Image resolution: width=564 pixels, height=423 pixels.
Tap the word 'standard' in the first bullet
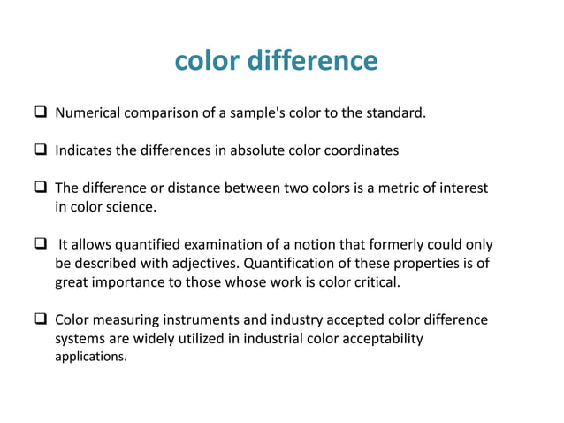click(x=399, y=113)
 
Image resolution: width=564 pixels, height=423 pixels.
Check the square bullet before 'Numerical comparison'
click(x=41, y=113)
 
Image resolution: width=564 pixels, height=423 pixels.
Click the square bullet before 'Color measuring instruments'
click(x=41, y=320)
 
